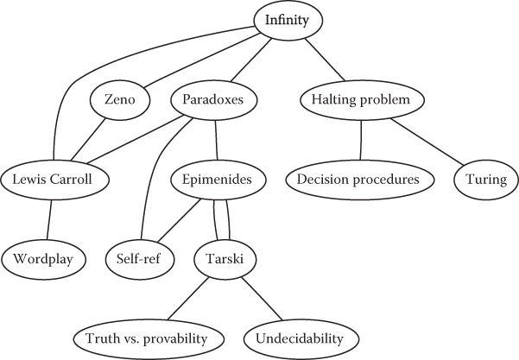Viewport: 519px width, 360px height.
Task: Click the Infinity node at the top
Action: (x=288, y=17)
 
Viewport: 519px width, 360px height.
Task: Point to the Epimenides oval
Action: (x=218, y=180)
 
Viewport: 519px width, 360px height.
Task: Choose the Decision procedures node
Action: (x=358, y=180)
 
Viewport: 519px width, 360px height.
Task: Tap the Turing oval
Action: (x=487, y=180)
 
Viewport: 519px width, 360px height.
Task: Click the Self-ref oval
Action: (x=139, y=257)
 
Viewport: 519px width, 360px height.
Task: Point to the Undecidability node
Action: (x=300, y=336)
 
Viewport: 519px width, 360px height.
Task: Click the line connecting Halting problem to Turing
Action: (x=431, y=142)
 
